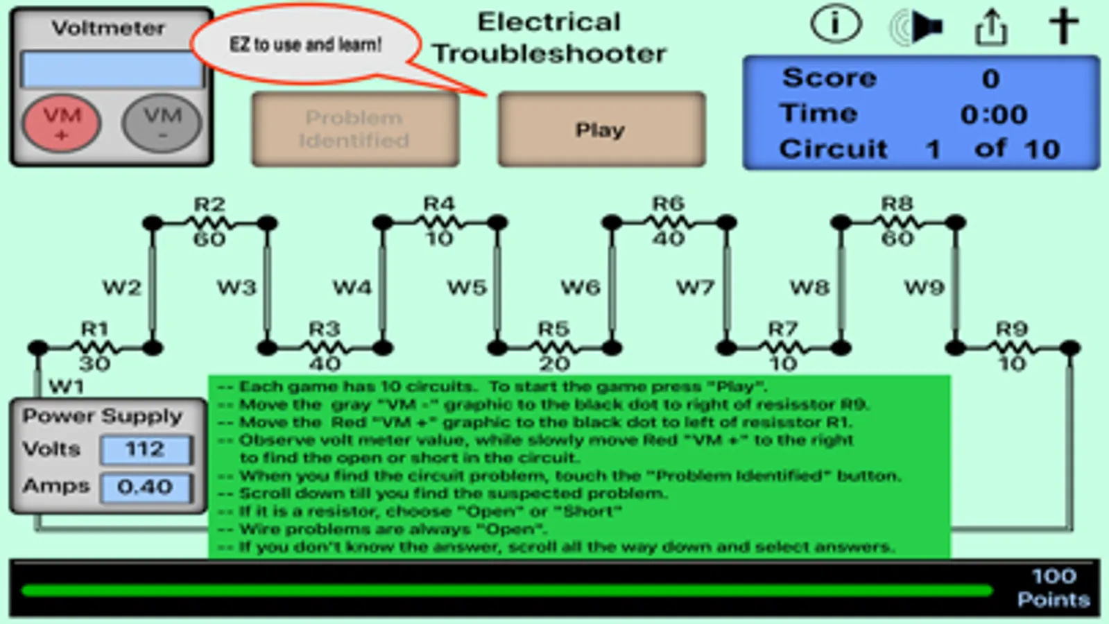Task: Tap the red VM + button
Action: (62, 123)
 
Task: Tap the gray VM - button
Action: (162, 123)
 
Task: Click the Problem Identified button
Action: (354, 130)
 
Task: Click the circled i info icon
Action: (836, 26)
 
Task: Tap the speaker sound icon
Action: (917, 28)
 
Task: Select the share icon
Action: (991, 28)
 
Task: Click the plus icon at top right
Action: (1063, 26)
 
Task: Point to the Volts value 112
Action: (146, 449)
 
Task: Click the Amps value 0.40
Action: (146, 487)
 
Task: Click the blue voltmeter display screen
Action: (112, 69)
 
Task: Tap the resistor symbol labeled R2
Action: (209, 223)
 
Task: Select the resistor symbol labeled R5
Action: (554, 347)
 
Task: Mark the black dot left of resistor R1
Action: (38, 347)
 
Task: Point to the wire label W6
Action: (581, 287)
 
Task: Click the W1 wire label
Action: (67, 386)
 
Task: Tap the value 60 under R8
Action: (897, 239)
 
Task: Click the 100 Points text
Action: (1054, 588)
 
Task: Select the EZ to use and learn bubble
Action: (305, 45)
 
